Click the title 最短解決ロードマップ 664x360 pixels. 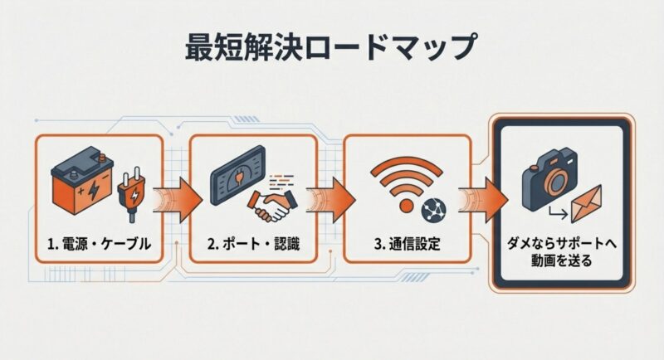coord(330,47)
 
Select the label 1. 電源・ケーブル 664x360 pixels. coord(99,244)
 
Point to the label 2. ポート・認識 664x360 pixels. coord(253,244)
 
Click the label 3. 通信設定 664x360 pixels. coord(407,244)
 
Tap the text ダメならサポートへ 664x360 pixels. coord(562,244)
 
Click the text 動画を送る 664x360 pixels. coord(562,260)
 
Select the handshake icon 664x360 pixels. coord(272,205)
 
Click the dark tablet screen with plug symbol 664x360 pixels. coord(238,175)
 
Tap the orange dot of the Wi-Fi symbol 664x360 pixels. coord(406,206)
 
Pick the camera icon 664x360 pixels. coord(550,180)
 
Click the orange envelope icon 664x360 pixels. coord(587,204)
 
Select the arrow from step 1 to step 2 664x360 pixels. coord(178,200)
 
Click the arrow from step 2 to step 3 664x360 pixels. coord(330,200)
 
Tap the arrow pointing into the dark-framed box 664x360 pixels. coord(483,200)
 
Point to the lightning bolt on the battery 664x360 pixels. coord(93,192)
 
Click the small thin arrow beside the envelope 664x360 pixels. coord(558,214)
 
